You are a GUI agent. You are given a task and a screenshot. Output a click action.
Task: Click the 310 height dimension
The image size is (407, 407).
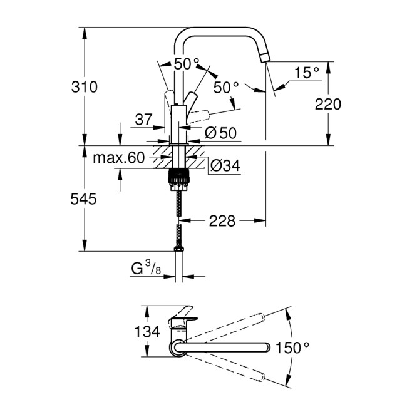(85, 87)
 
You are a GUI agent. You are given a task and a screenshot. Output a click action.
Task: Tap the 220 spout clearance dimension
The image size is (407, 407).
(327, 104)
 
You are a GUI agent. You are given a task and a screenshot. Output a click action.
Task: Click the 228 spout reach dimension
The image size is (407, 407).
(222, 220)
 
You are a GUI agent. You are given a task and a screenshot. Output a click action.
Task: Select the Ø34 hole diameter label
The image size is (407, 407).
(223, 166)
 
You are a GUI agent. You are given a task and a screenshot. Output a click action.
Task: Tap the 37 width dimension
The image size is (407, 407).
(143, 119)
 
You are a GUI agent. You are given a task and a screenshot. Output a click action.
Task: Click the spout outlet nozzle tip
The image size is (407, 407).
(265, 59)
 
